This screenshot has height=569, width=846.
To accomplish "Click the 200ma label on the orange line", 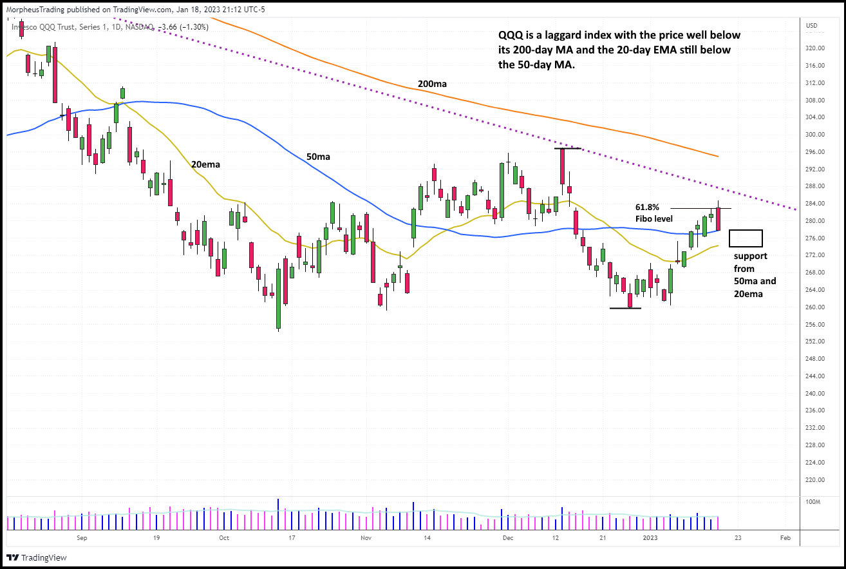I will (432, 84).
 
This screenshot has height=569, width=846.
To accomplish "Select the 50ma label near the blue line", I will (318, 157).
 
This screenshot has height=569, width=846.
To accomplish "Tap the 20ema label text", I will (205, 164).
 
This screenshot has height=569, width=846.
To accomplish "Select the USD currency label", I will (811, 26).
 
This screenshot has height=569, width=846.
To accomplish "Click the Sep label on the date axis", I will (81, 537).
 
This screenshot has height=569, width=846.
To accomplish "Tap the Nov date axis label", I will (366, 537).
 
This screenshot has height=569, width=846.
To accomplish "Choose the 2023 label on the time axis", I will (650, 537).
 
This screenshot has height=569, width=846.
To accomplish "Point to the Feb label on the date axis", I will (785, 537).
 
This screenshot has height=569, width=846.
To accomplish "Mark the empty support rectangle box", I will (746, 238).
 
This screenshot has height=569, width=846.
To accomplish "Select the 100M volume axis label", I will (814, 501).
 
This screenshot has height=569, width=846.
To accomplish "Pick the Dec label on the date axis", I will (508, 537).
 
